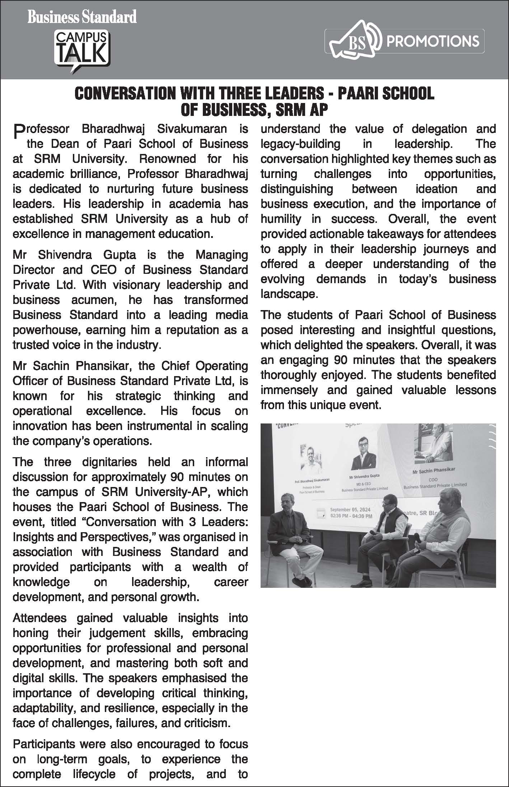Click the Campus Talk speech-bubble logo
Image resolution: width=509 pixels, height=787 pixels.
[82, 50]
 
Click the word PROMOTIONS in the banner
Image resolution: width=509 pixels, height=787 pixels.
[432, 41]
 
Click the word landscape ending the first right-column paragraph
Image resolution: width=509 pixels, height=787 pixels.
[288, 294]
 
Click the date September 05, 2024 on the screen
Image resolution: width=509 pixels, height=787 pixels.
[350, 510]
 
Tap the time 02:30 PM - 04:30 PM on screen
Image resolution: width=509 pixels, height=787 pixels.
[351, 516]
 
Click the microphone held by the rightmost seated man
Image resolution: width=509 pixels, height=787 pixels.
[418, 537]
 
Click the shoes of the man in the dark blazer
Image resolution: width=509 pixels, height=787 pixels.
[299, 581]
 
